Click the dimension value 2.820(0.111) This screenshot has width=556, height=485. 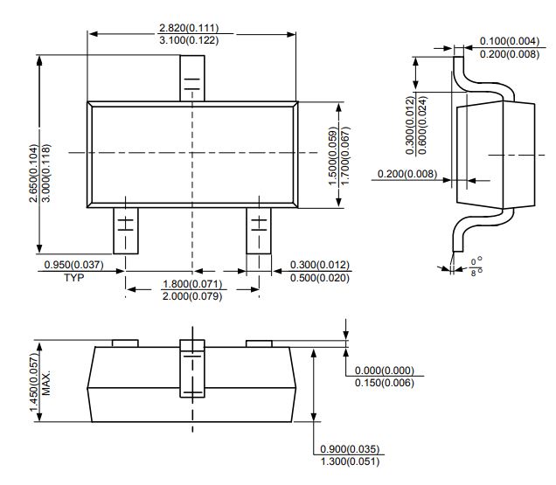click(x=189, y=28)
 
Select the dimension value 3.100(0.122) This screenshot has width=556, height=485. click(x=189, y=40)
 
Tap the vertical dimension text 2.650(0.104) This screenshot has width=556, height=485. click(x=34, y=173)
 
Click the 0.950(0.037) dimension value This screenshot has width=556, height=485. click(x=74, y=265)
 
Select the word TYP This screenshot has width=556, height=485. click(x=73, y=277)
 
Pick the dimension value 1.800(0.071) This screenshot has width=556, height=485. click(x=192, y=284)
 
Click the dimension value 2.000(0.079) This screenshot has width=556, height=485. click(x=192, y=296)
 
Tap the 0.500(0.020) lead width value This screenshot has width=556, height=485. click(x=320, y=278)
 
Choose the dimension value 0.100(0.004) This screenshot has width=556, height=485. click(x=510, y=41)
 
